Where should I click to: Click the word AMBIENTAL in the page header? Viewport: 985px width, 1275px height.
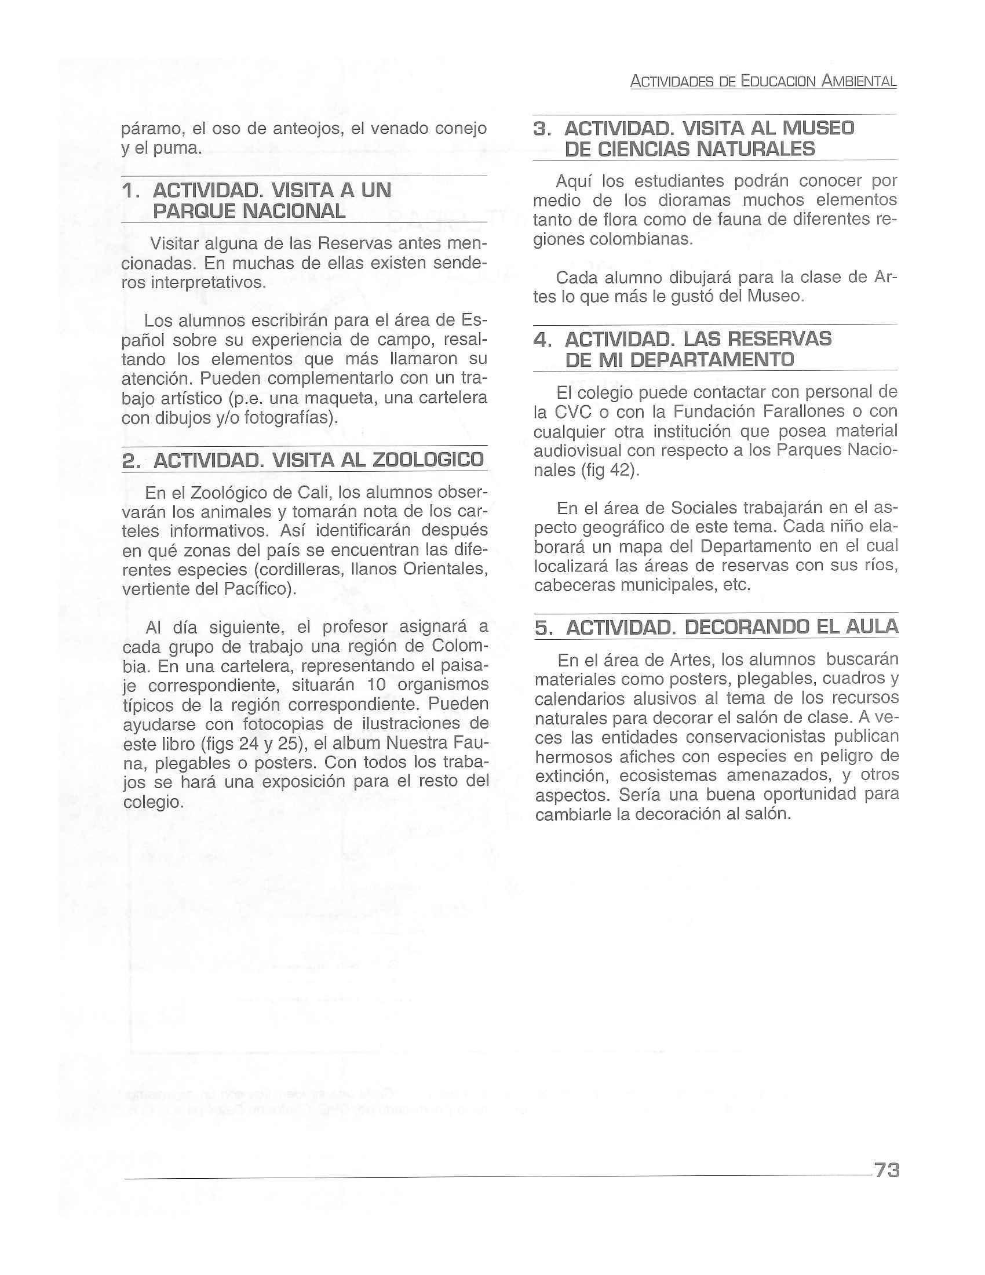coord(859,82)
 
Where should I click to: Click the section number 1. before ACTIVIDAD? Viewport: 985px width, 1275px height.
coord(132,191)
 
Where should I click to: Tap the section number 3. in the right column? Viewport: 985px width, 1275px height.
coord(543,129)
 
